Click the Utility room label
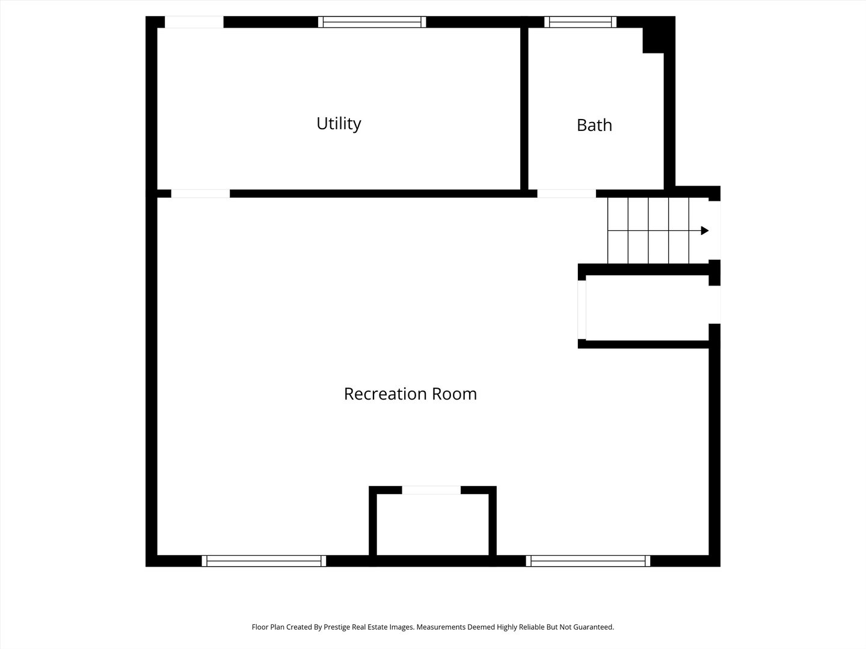pos(339,123)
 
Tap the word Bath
pos(594,125)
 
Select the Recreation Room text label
pos(410,394)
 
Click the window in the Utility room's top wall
pos(372,22)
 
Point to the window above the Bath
pos(580,22)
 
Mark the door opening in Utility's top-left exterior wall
pos(194,22)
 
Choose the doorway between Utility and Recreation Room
pos(200,193)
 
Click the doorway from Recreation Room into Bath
pos(566,193)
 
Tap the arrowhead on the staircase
pos(705,231)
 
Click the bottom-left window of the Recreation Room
pos(264,561)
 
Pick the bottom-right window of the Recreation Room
pos(588,561)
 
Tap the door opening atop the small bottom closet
pos(431,490)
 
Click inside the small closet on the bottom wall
pos(432,525)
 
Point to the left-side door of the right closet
pos(582,309)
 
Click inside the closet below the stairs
pos(646,308)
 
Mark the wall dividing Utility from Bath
pos(524,108)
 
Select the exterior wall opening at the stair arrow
pos(714,230)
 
